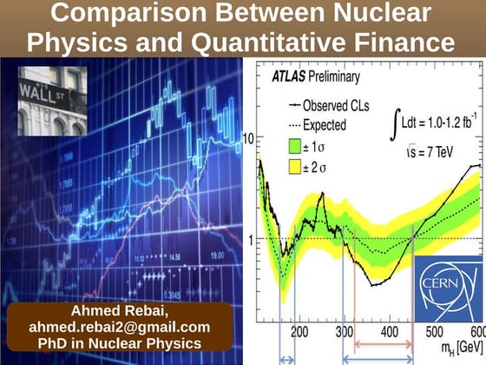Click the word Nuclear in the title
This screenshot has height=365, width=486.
[376, 15]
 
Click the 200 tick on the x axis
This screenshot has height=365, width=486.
[299, 332]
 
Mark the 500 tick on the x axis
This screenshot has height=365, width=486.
[433, 332]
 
